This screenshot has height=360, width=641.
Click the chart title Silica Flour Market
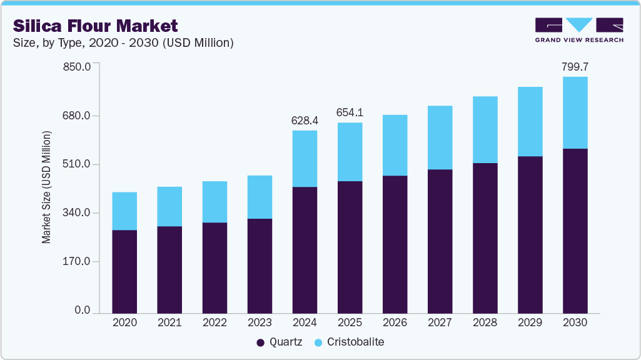[x=96, y=26]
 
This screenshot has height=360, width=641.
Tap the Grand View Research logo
[x=579, y=29]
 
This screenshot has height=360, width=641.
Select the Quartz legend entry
[x=280, y=342]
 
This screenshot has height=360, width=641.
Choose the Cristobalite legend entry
[x=350, y=342]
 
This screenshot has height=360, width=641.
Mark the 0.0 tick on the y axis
[x=83, y=311]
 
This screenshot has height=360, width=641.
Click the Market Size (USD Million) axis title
[x=46, y=187]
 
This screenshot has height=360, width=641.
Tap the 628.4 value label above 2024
[x=305, y=121]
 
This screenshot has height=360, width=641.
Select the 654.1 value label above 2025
[x=350, y=112]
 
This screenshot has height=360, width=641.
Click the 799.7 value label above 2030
[x=575, y=66]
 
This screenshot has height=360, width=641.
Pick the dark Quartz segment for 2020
[x=124, y=271]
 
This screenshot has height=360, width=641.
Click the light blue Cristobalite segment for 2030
[x=575, y=112]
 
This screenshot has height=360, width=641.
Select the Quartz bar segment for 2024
[x=305, y=250]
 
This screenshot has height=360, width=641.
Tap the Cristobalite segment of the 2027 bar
[x=440, y=137]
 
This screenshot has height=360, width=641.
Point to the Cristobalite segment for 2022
[x=215, y=202]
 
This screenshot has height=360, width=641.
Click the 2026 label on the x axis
[x=395, y=323]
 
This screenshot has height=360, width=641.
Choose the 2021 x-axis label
[x=169, y=323]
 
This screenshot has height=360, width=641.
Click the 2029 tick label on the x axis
[x=530, y=323]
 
